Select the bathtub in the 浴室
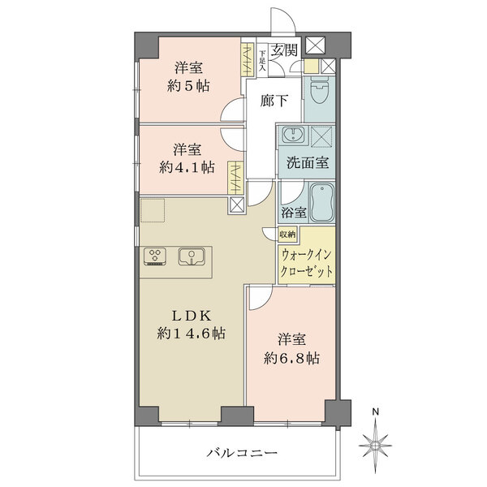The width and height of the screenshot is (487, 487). click(x=321, y=203)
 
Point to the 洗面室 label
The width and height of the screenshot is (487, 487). click(x=308, y=162)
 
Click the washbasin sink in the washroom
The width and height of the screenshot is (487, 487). click(x=291, y=136)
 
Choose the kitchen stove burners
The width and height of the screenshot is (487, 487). click(x=154, y=256)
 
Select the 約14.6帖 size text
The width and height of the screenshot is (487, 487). click(x=192, y=333)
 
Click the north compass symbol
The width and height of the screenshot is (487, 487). click(x=376, y=445)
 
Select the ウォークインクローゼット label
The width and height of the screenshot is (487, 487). click(x=307, y=262)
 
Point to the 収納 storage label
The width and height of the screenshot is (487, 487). click(x=287, y=234)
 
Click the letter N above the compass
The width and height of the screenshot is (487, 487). click(x=375, y=412)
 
